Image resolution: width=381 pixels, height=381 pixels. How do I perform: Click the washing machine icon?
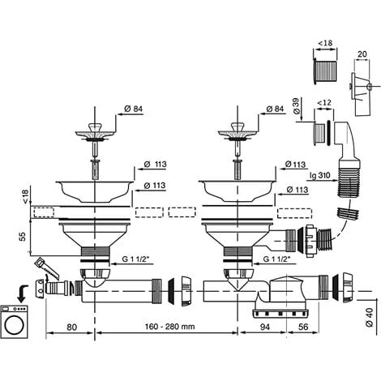pyautogui.click(x=15, y=322)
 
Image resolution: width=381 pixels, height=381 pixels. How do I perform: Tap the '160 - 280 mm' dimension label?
pyautogui.click(x=169, y=327)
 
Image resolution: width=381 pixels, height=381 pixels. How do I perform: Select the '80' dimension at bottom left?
pyautogui.click(x=71, y=327)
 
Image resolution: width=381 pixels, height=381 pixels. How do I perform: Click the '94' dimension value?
pyautogui.click(x=264, y=327)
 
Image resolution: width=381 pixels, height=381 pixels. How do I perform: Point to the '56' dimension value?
pyautogui.click(x=303, y=327)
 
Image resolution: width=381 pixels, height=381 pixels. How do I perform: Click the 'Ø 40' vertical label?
pyautogui.click(x=370, y=317)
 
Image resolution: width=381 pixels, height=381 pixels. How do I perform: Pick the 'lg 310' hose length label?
pyautogui.click(x=320, y=175)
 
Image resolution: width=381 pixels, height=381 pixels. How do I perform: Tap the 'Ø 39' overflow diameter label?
pyautogui.click(x=297, y=106)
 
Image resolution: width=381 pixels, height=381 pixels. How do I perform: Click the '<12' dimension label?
pyautogui.click(x=324, y=103)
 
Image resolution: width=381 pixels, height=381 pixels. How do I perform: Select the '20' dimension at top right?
pyautogui.click(x=362, y=54)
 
